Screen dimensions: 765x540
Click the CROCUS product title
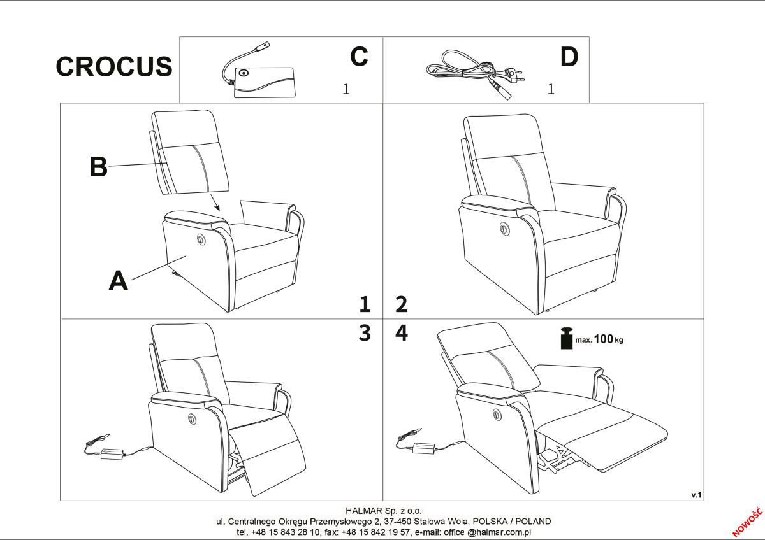click(x=114, y=66)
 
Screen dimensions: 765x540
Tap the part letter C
click(x=359, y=56)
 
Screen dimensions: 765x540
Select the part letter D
click(x=569, y=57)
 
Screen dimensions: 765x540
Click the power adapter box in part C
click(x=264, y=83)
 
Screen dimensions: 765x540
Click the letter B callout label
click(x=98, y=167)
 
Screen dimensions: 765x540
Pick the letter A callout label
click(x=118, y=281)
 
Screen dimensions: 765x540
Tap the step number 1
click(x=365, y=304)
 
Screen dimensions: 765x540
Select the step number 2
click(x=402, y=304)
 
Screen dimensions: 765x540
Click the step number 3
click(x=365, y=333)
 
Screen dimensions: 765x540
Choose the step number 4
click(x=402, y=333)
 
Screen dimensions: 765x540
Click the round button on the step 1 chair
click(x=200, y=239)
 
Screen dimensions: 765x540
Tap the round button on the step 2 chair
click(x=503, y=228)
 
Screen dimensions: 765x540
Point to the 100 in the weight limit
click(x=604, y=339)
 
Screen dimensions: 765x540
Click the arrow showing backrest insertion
click(x=215, y=202)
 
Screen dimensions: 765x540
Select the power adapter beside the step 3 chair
click(x=113, y=453)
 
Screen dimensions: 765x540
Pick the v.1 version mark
click(x=696, y=495)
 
